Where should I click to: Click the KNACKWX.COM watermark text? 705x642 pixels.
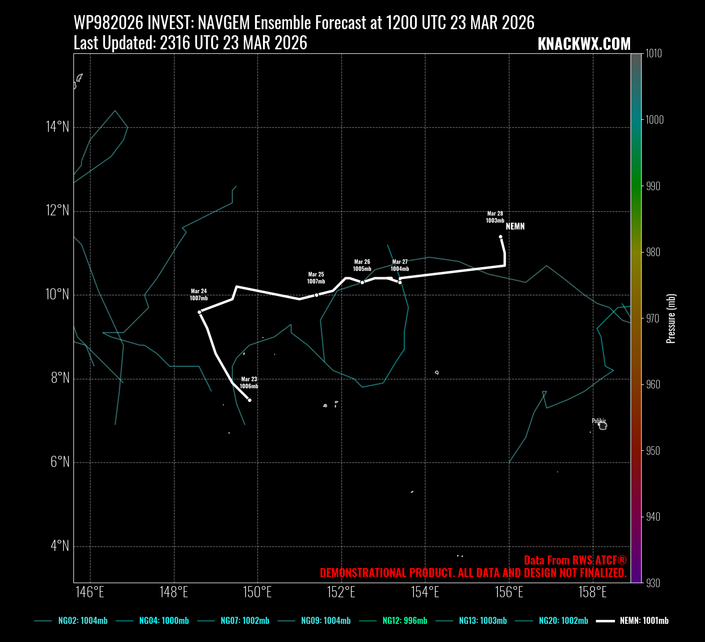[x=584, y=44]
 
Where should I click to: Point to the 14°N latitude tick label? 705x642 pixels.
[x=57, y=127]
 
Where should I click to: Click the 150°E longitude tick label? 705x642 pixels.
[x=257, y=592]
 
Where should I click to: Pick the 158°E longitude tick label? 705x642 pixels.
[x=592, y=592]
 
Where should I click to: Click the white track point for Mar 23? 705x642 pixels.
[x=249, y=400]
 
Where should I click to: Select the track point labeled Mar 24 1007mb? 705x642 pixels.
[x=200, y=312]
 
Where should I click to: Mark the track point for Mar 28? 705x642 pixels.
[x=500, y=236]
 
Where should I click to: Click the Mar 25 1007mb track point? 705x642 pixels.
[x=316, y=295]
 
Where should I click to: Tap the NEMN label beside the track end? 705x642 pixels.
[x=515, y=226]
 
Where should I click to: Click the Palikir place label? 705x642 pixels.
[x=598, y=421]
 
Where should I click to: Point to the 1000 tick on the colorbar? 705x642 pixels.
[x=654, y=120]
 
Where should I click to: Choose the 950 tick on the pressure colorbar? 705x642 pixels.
[x=653, y=451]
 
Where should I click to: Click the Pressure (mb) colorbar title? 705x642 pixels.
[x=671, y=318]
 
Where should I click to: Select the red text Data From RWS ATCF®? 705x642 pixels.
[x=575, y=560]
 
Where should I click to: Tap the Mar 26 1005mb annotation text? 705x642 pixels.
[x=362, y=265]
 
